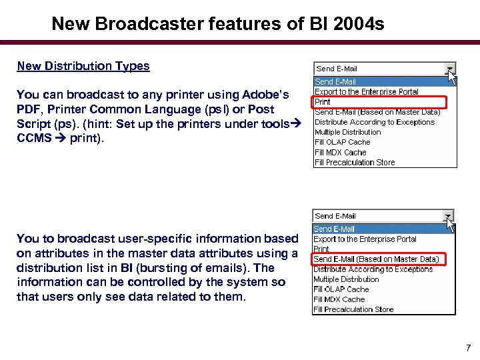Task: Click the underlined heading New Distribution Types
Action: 83,66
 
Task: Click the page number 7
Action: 469,348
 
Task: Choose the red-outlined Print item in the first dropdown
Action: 323,102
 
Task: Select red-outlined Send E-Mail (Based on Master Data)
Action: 376,259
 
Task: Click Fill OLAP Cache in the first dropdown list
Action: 342,142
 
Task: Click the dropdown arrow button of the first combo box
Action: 451,69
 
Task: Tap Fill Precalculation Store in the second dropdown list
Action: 353,309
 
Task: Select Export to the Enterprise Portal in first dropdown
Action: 366,92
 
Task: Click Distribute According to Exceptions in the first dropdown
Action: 374,122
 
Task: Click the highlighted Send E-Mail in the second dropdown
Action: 335,229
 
